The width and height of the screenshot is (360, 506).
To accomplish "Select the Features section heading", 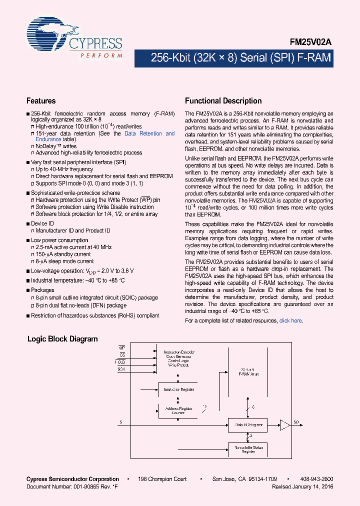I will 41,100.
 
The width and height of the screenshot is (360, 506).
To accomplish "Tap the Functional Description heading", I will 223,100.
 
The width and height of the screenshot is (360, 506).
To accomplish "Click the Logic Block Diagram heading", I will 62,339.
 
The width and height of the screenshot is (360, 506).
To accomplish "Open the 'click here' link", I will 290,320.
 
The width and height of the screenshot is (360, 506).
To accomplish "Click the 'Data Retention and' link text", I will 149,133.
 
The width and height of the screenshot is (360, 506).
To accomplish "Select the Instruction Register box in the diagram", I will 179,389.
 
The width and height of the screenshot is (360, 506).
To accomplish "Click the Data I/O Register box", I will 249,425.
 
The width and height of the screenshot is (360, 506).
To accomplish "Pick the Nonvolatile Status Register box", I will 249,449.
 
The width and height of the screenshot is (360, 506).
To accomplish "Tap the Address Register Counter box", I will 179,410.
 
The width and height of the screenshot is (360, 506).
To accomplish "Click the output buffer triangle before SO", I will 285,425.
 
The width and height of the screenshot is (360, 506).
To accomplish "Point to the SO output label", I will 296,422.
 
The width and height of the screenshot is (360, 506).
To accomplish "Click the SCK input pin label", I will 121,368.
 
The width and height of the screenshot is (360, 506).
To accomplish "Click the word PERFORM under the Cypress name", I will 101,55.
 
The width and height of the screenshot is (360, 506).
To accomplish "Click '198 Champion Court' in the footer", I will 163,479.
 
